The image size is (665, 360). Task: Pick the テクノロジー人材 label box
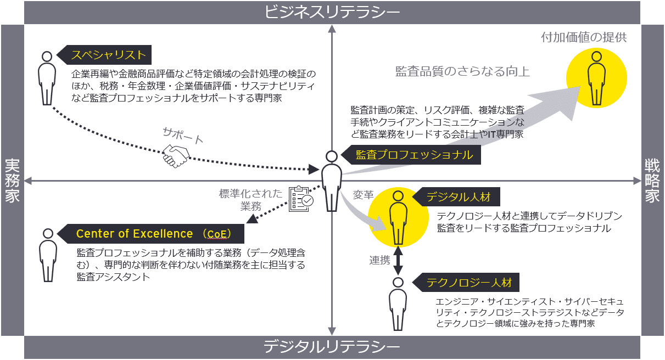(468, 283)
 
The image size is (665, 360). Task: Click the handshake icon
(175, 156)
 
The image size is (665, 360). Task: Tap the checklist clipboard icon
(300, 198)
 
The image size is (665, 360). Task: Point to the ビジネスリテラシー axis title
(332, 12)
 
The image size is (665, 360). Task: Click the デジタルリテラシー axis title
(332, 347)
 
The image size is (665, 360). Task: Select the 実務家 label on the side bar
(12, 181)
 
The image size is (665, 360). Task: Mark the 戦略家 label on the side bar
(652, 181)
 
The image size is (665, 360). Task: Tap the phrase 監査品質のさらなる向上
(462, 71)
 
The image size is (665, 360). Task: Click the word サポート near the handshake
(183, 136)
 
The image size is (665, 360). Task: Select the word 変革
(363, 195)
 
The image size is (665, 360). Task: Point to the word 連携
(379, 260)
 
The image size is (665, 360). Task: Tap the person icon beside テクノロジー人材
(398, 305)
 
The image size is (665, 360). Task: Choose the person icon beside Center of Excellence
(48, 255)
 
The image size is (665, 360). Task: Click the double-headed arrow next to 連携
(399, 260)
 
